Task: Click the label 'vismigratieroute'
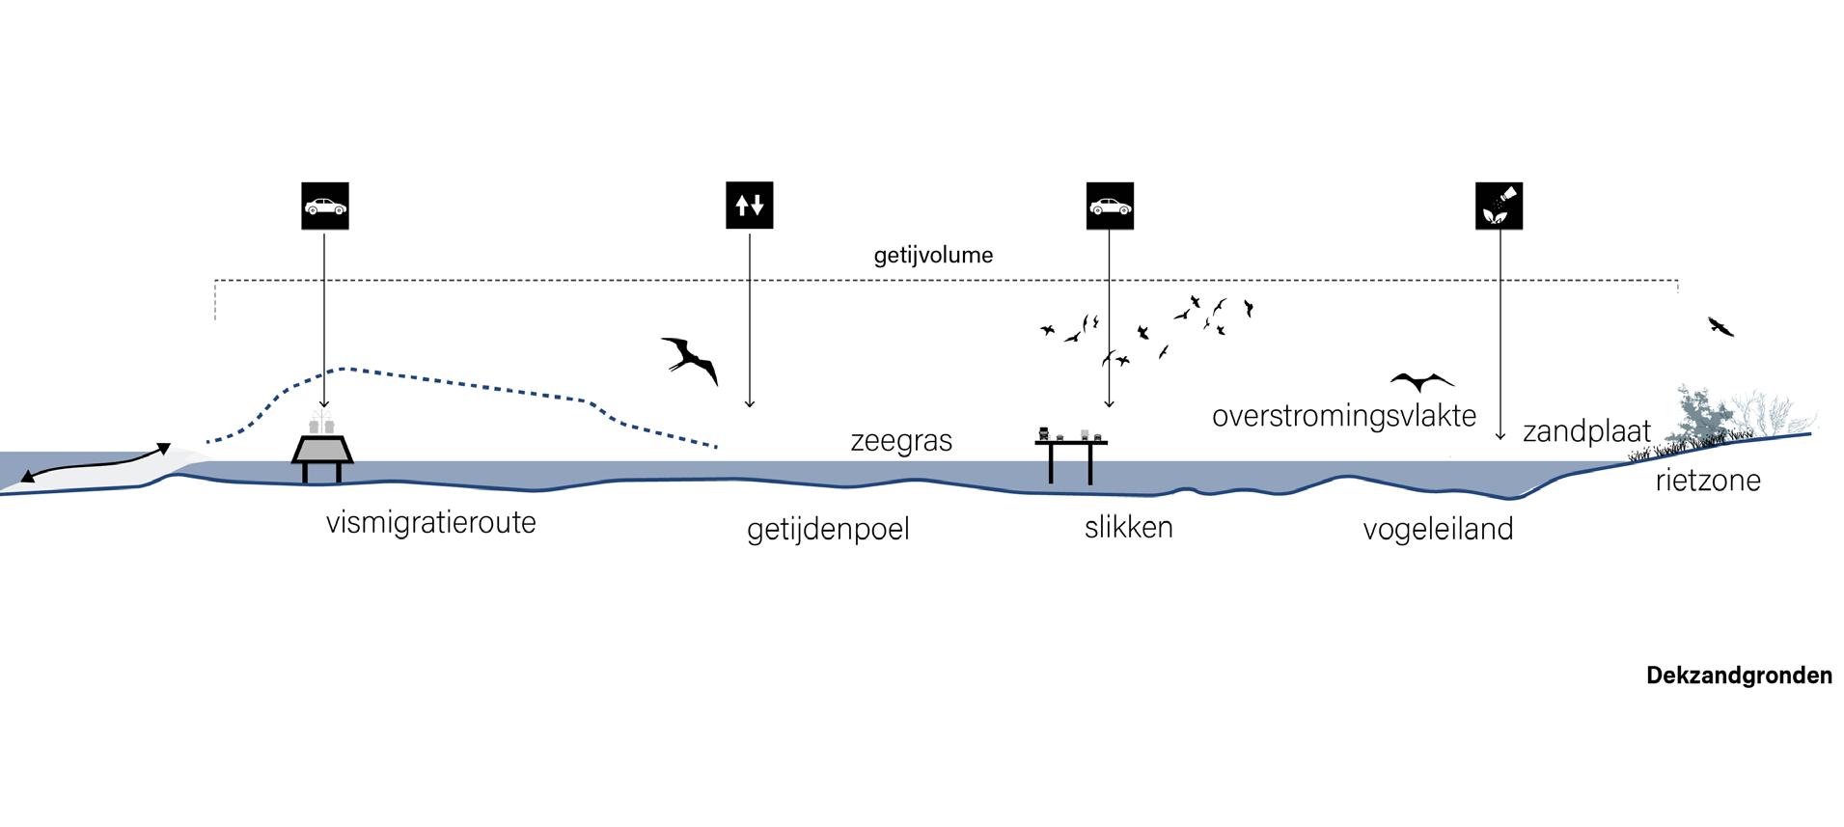(430, 524)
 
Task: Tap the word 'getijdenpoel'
(828, 530)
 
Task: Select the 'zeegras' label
(901, 441)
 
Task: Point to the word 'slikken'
(1128, 527)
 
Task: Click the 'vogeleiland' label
(1438, 529)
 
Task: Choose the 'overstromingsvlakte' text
(1344, 416)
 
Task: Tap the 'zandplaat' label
(1586, 431)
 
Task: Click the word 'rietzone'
(1708, 480)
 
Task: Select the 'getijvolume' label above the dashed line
(933, 256)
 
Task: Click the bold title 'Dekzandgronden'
(1739, 675)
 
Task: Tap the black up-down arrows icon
(750, 206)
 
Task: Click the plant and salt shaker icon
(1499, 206)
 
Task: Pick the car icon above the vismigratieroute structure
(324, 206)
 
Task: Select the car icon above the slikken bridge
(1110, 206)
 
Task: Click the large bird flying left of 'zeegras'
(691, 359)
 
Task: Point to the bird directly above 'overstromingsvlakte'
(1421, 380)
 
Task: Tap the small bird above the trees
(1720, 326)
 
